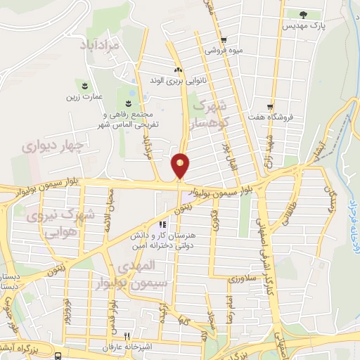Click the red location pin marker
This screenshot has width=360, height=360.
tap(180, 165)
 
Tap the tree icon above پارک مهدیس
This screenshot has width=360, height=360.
tap(303, 14)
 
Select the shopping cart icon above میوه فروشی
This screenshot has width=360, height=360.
tap(223, 40)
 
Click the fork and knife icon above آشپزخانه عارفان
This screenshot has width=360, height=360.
tap(127, 336)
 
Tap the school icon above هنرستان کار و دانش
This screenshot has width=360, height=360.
tap(164, 225)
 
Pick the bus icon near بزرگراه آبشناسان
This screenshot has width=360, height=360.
tap(57, 356)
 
